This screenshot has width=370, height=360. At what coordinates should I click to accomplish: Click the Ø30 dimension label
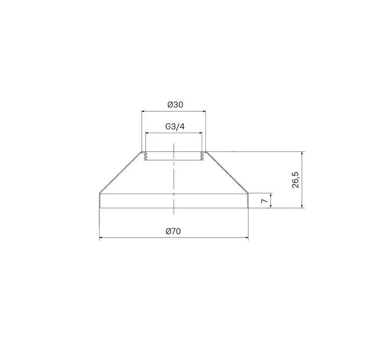pos(175,104)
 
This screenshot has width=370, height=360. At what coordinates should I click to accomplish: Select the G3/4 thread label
pos(175,127)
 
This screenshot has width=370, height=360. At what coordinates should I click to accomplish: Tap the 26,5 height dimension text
pos(295,180)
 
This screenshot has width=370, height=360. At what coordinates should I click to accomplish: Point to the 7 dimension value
pos(265,200)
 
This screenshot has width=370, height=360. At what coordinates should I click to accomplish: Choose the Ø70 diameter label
pos(173,231)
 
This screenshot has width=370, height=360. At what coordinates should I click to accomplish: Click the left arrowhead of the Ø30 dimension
pos(143,111)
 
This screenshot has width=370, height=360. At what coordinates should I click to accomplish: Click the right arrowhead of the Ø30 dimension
pos(204,111)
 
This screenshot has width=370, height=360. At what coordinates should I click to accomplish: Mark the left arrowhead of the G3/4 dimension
pos(147,133)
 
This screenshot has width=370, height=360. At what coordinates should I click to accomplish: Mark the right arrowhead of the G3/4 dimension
pos(201,133)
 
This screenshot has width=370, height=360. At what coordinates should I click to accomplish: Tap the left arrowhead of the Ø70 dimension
pos(101,237)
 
